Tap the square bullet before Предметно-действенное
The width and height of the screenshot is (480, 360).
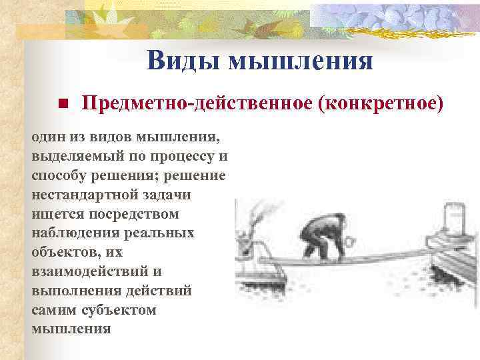pyautogui.click(x=61, y=105)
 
